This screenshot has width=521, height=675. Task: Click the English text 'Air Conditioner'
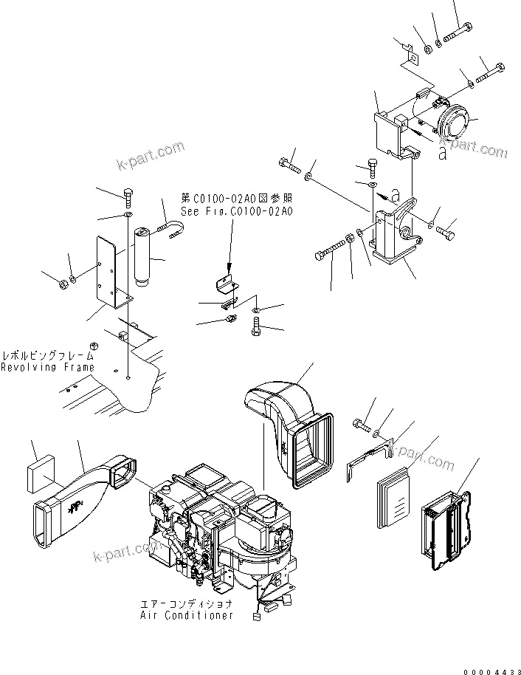tap(187, 614)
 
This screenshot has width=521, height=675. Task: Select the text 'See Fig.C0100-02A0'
tap(236, 210)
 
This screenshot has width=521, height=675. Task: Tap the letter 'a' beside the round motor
tap(442, 153)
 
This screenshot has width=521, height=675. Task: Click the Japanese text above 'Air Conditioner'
tap(187, 603)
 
